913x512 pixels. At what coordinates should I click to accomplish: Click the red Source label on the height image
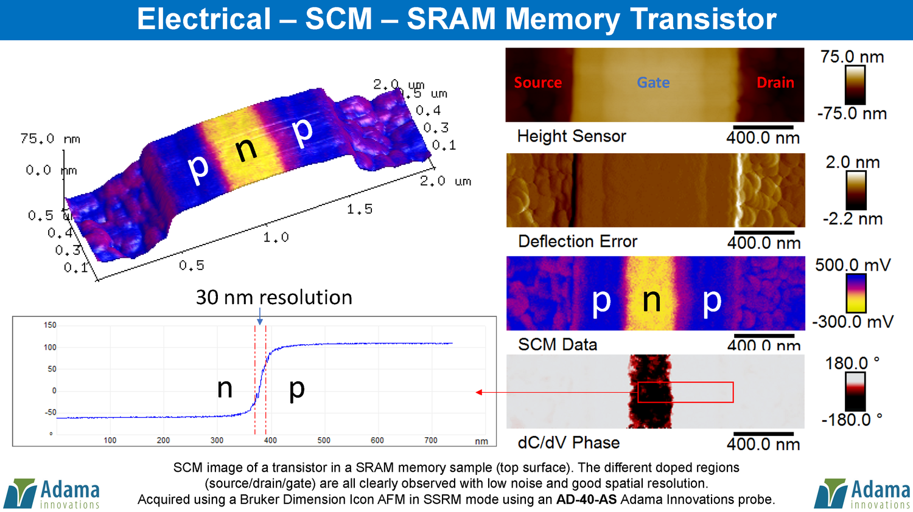click(x=537, y=83)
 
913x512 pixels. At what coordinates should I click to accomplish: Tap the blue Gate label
click(x=653, y=83)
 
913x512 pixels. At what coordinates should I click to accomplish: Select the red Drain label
click(x=775, y=83)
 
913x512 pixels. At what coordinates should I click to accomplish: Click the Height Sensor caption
click(x=571, y=136)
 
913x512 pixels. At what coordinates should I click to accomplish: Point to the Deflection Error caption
click(x=577, y=241)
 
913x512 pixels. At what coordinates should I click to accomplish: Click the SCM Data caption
click(x=557, y=344)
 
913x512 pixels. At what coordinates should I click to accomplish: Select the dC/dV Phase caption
click(x=568, y=443)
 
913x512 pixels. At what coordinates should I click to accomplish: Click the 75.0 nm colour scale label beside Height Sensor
click(x=852, y=57)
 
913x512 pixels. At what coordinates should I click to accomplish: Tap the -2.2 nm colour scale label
click(x=852, y=219)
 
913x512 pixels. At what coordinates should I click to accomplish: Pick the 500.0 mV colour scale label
click(x=852, y=265)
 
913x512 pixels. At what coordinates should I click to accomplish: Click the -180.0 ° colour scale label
click(x=852, y=420)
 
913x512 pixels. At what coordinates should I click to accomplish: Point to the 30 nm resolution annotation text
click(x=274, y=297)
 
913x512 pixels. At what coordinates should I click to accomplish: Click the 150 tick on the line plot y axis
click(x=50, y=325)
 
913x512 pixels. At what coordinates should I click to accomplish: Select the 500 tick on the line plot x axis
click(x=324, y=440)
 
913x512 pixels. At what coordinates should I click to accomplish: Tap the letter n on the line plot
click(x=225, y=389)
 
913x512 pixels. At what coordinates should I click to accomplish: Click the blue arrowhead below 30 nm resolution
click(x=260, y=322)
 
